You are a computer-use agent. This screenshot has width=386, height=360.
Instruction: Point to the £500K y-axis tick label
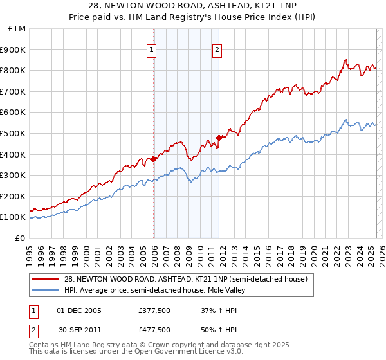click(15, 133)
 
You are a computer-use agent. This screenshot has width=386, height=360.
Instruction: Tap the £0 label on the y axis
click(21, 238)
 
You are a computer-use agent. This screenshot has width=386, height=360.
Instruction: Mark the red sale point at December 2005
click(154, 159)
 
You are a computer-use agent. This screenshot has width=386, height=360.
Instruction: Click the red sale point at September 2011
click(219, 138)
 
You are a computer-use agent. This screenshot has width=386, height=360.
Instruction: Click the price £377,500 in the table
click(154, 310)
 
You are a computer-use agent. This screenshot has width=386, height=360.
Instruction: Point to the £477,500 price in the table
click(154, 329)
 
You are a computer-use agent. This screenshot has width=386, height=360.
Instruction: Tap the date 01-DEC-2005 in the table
click(79, 310)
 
